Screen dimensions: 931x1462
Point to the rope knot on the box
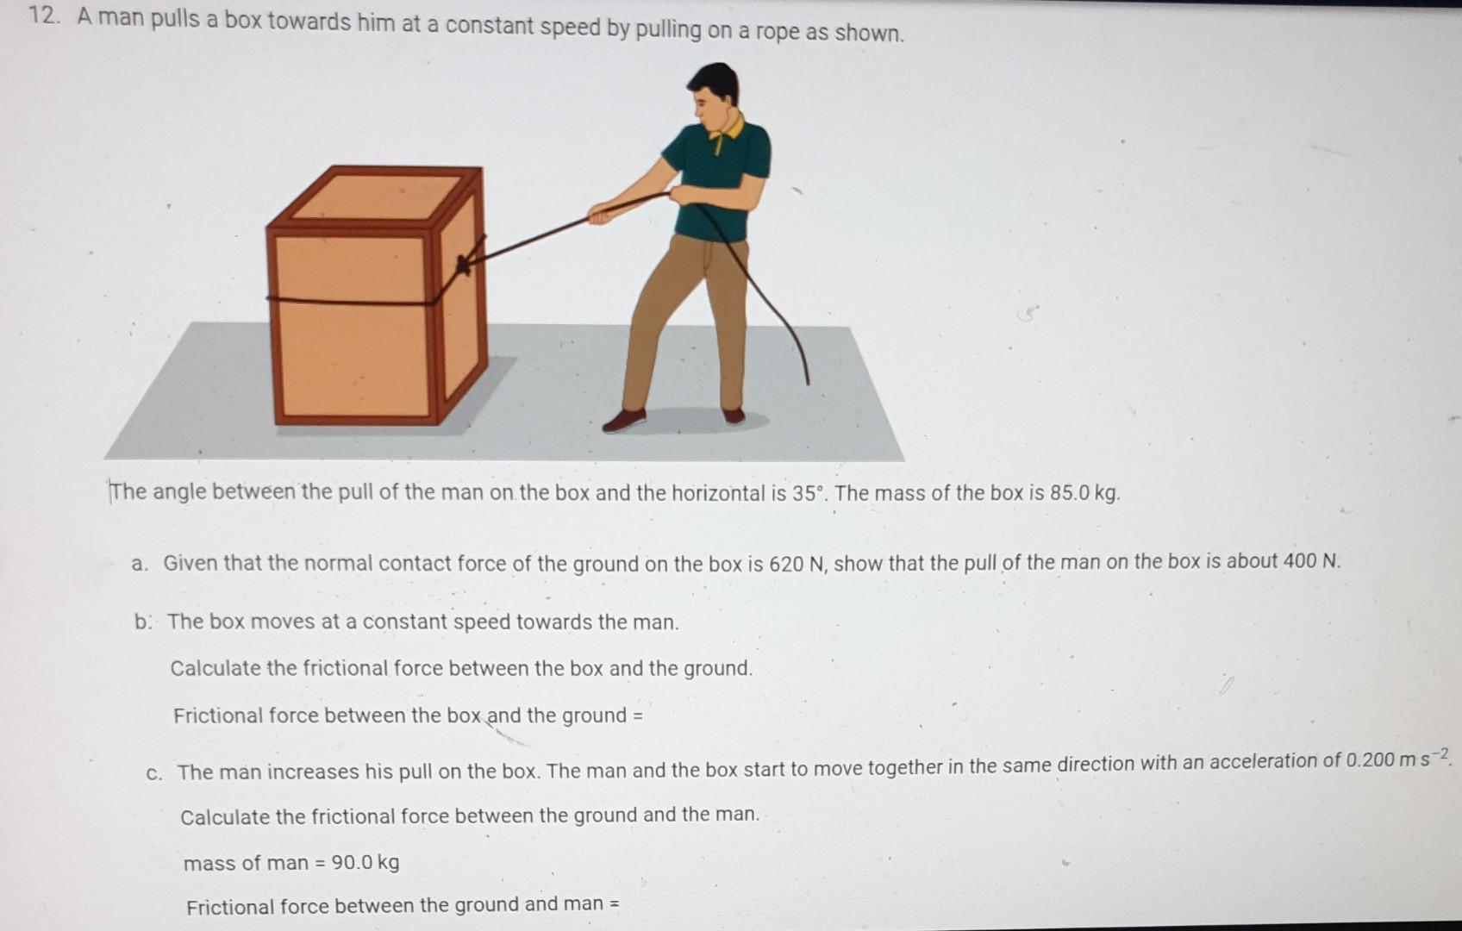coord(465,263)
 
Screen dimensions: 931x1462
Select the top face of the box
coord(376,197)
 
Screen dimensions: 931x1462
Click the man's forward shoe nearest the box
coord(624,420)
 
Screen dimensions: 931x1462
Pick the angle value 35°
coord(809,494)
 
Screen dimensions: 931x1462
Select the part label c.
coord(153,772)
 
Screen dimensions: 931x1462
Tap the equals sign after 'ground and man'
coord(615,903)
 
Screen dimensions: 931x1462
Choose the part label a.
coord(139,565)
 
